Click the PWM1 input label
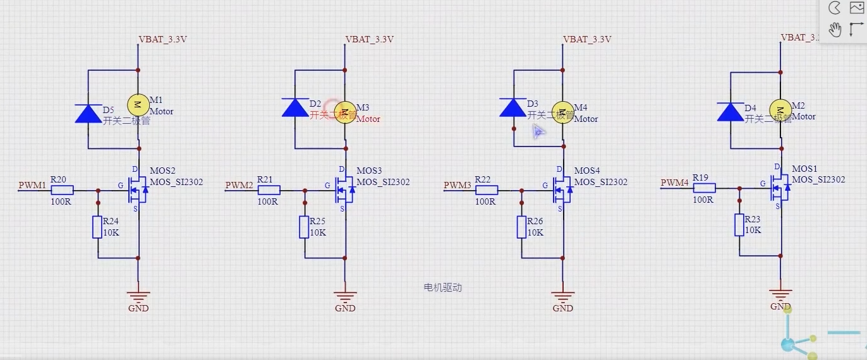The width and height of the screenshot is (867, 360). [x=32, y=185]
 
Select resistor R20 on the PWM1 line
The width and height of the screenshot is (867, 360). [x=62, y=190]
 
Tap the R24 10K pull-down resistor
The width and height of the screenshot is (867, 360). [x=97, y=227]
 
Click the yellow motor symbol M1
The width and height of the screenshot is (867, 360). [x=138, y=104]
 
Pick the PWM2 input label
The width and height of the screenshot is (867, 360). [x=239, y=185]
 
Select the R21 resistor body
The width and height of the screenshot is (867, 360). [x=269, y=190]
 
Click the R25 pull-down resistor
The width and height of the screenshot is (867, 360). [x=305, y=227]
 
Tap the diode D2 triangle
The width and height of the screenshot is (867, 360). [x=294, y=108]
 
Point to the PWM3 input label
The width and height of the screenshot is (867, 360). [x=457, y=185]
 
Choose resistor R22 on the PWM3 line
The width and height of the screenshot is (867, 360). [x=487, y=190]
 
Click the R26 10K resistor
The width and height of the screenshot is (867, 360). [x=522, y=227]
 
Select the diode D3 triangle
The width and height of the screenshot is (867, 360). [x=512, y=108]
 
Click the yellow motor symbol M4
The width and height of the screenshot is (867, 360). [x=562, y=111]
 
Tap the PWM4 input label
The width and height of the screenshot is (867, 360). [x=674, y=183]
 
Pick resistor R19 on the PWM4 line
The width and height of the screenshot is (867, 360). [x=704, y=188]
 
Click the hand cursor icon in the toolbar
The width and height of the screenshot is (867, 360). [x=835, y=29]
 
